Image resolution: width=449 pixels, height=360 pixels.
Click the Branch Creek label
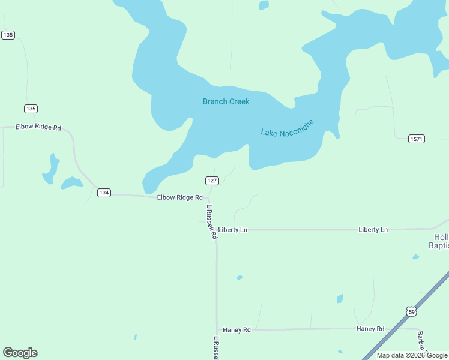[226, 101]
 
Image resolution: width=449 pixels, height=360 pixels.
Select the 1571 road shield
[417, 139]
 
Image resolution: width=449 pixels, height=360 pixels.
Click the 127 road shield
[212, 181]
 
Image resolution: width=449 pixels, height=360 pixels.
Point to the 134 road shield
[104, 193]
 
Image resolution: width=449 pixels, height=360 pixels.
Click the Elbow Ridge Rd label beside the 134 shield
[180, 197]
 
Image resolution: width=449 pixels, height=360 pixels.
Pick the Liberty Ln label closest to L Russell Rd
[233, 230]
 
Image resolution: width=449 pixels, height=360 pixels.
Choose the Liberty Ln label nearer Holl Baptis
[373, 230]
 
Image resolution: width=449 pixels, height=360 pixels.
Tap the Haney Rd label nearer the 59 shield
[370, 329]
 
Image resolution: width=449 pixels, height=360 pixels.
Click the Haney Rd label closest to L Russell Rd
[237, 330]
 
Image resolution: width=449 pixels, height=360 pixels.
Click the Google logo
[20, 353]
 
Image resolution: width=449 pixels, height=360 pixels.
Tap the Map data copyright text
[412, 355]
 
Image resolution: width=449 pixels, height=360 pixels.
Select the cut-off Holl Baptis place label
[438, 241]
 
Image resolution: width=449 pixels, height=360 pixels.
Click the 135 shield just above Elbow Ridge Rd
[31, 109]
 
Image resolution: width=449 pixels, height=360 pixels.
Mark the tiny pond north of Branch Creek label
[264, 5]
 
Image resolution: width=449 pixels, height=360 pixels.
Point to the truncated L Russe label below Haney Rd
[216, 348]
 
